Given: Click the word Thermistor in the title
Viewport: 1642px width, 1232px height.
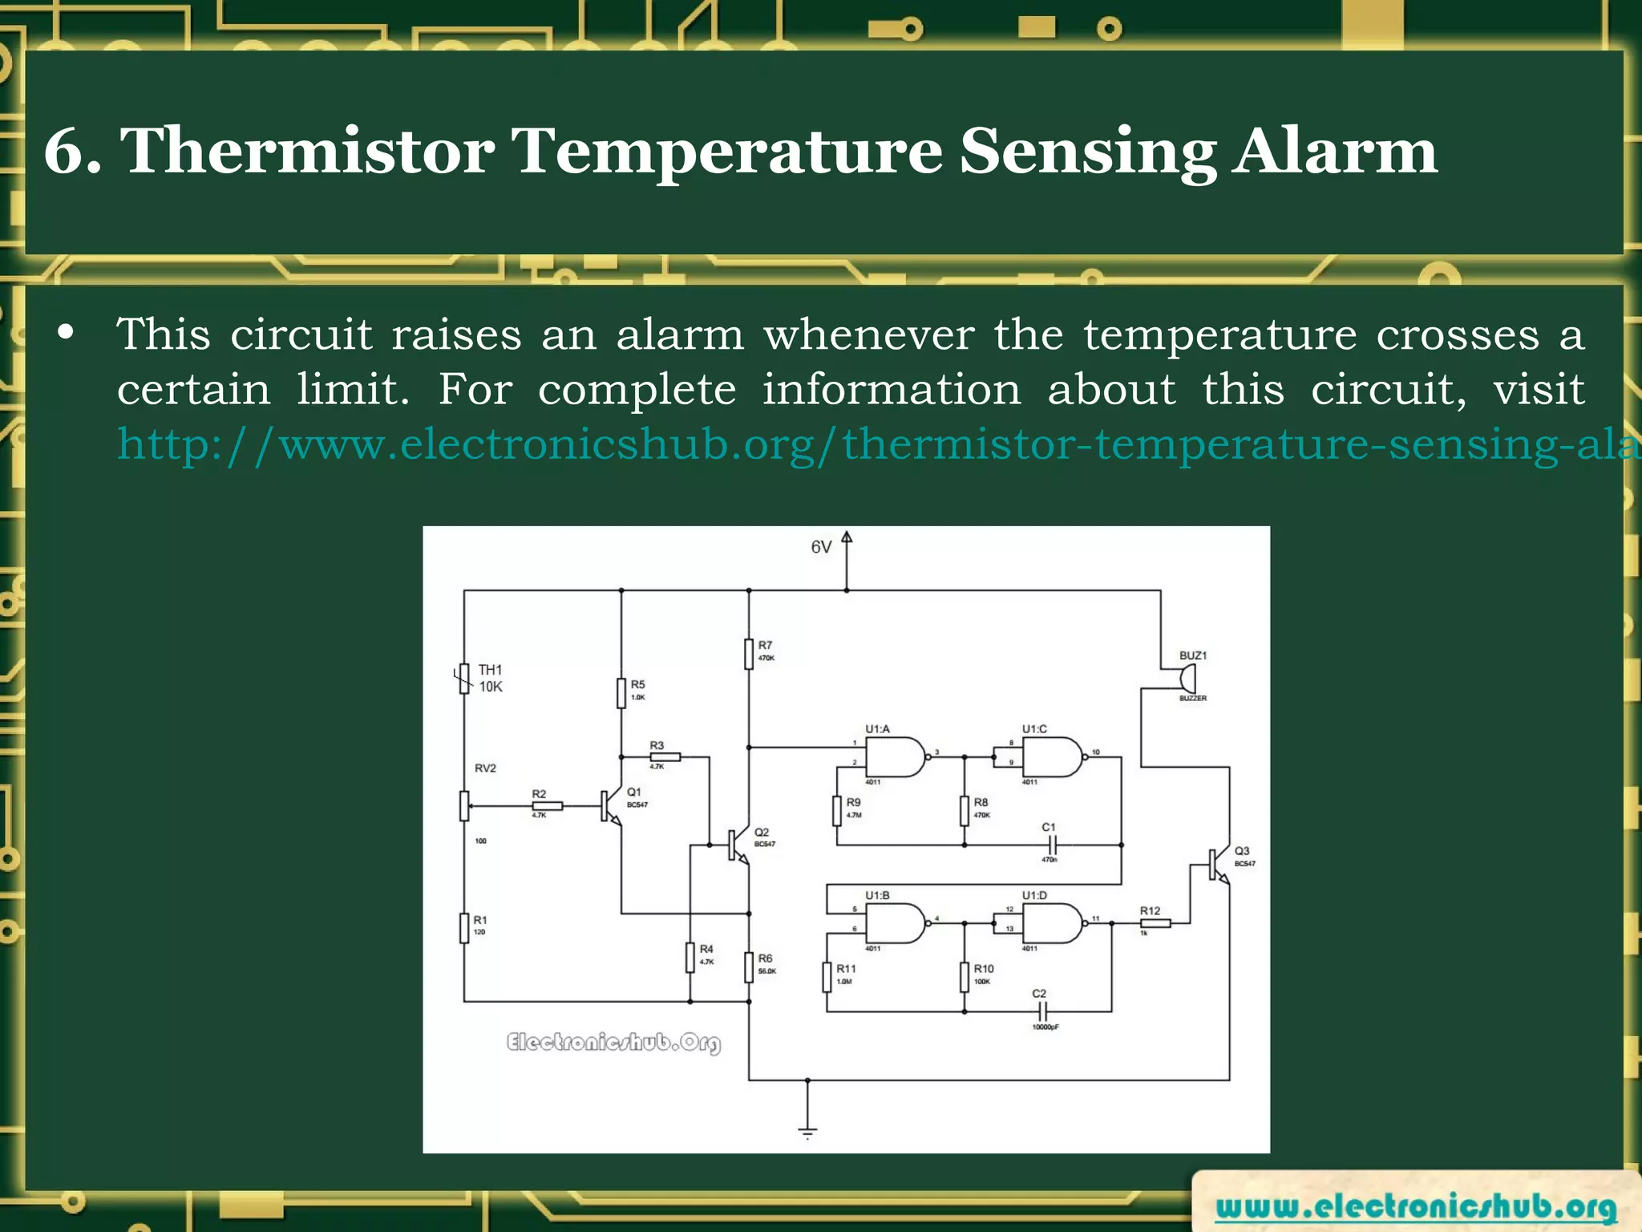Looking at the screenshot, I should click(x=307, y=151).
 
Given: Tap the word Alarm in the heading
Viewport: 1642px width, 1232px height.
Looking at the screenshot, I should click(x=1335, y=151).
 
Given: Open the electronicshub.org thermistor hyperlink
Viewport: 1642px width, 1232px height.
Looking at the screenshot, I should click(x=874, y=444).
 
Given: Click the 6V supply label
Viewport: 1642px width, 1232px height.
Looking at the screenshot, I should click(x=821, y=547).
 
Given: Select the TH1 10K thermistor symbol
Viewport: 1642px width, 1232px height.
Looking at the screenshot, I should click(x=463, y=679).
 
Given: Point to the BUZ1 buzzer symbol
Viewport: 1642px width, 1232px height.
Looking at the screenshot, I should click(x=1185, y=679).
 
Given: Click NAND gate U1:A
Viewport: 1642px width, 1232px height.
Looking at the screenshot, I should click(x=895, y=756).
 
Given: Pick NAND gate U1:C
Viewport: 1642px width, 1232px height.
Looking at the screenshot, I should click(x=1052, y=756).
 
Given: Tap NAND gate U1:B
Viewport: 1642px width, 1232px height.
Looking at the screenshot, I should click(x=895, y=923).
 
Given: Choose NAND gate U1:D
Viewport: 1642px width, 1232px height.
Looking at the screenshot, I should click(x=1052, y=923).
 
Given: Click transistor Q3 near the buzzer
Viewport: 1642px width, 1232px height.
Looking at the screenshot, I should click(x=1219, y=864).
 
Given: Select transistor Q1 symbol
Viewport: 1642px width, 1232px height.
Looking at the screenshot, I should click(x=610, y=806).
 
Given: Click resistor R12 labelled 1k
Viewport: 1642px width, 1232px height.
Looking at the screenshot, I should click(x=1155, y=923).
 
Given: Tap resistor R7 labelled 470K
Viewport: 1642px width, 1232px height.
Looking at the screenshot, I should click(x=749, y=654).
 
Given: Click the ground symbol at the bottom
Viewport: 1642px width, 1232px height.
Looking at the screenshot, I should click(x=807, y=1132).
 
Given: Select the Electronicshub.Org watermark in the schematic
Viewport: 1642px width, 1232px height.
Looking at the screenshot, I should click(x=613, y=1042).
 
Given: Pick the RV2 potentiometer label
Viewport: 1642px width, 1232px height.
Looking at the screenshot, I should click(x=485, y=768).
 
